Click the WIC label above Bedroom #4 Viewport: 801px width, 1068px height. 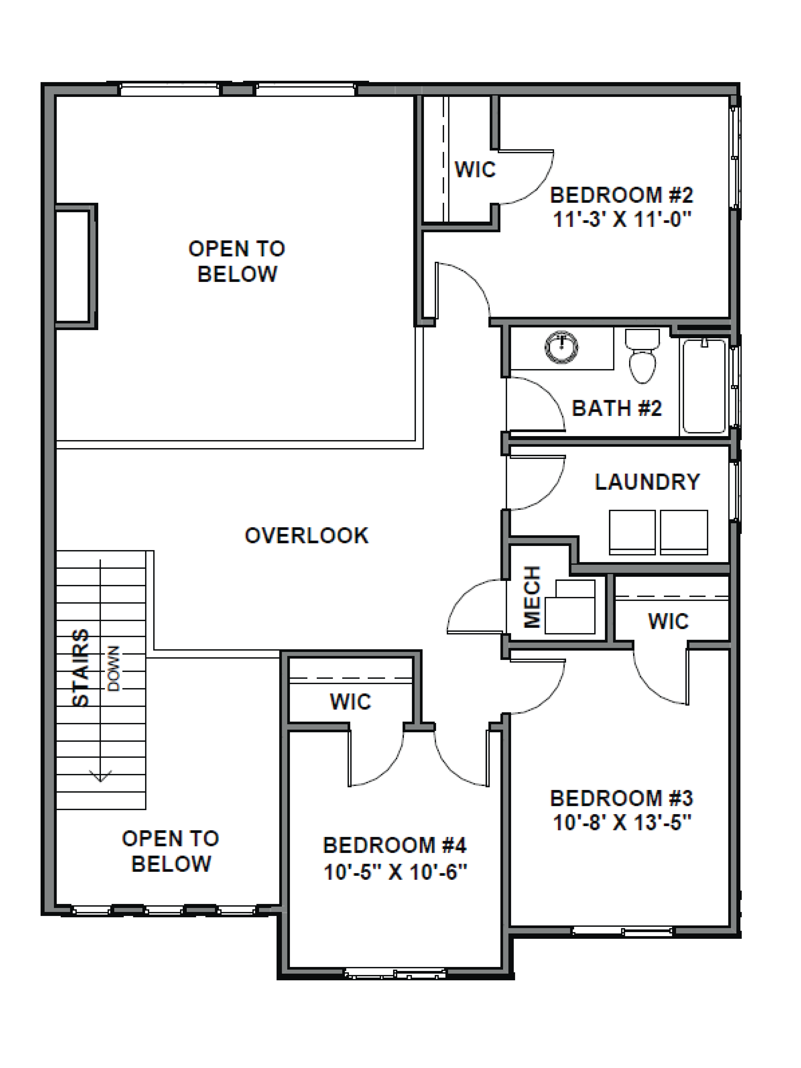(351, 702)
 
